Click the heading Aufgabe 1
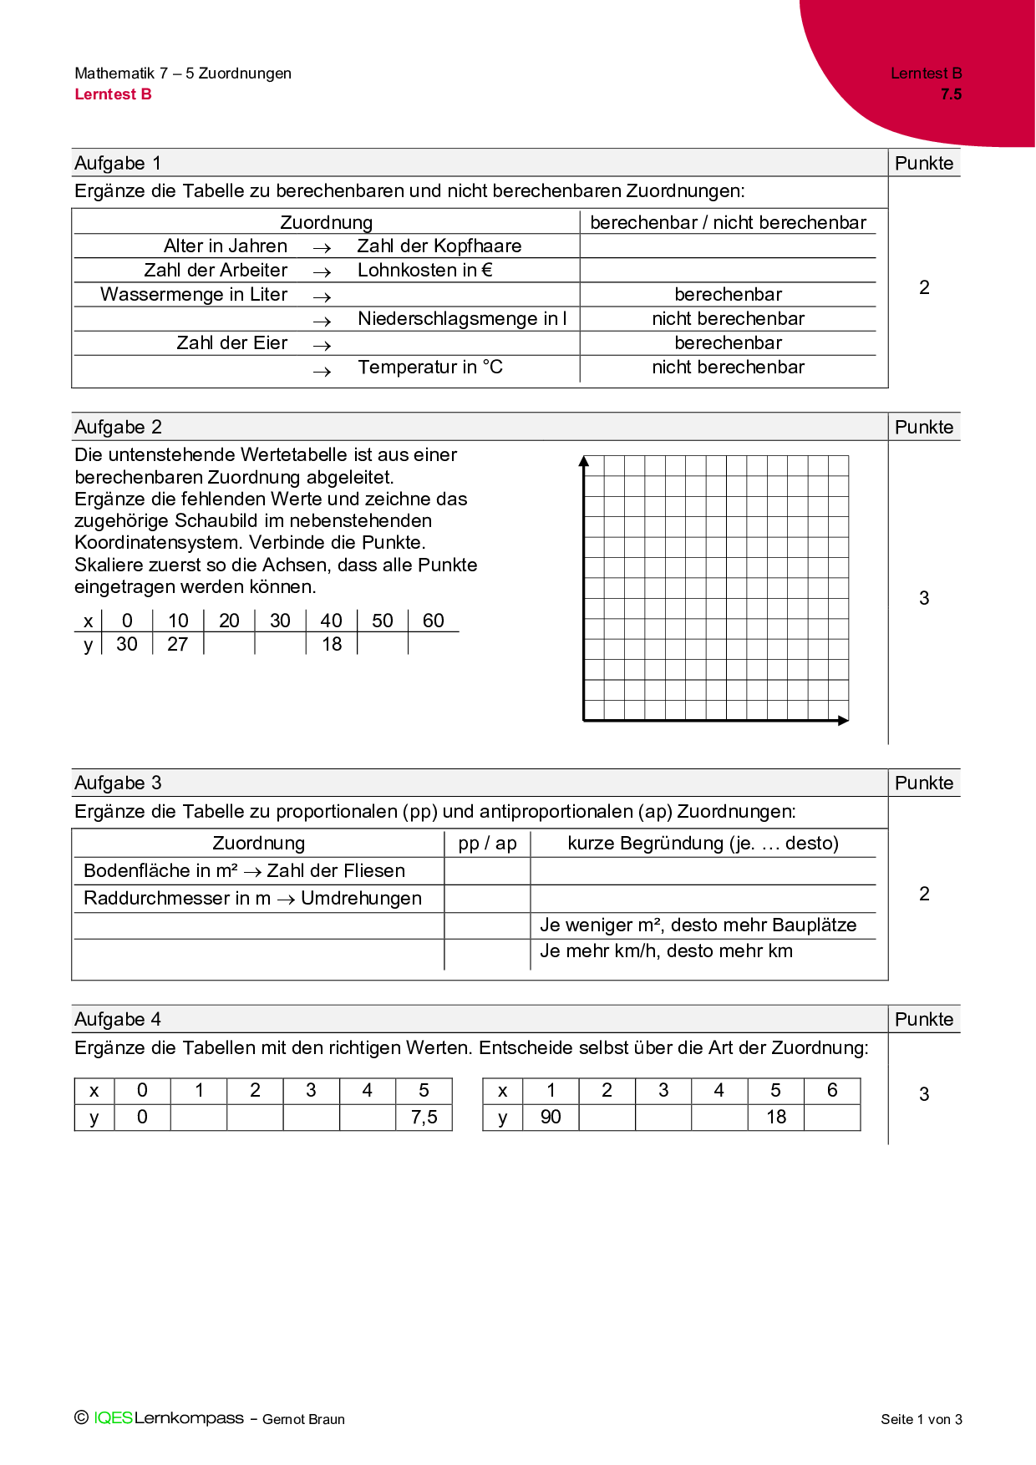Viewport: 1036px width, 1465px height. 118,163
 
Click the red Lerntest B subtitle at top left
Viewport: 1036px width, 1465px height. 113,94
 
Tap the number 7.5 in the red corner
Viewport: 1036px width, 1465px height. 951,94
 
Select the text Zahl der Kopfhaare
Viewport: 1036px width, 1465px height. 439,246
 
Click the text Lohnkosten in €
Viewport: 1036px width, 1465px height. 424,271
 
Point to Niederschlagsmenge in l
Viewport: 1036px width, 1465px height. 462,319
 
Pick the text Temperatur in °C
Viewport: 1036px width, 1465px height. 430,368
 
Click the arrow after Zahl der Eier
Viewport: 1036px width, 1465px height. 322,344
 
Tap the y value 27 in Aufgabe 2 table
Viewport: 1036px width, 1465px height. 178,645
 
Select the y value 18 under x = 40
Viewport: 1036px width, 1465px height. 332,645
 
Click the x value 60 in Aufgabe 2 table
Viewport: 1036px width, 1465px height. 433,621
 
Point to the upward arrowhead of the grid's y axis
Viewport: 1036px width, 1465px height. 584,461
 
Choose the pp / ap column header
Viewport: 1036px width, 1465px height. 487,844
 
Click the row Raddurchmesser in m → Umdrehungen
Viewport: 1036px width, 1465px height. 252,899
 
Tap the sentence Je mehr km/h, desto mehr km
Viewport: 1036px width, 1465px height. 666,951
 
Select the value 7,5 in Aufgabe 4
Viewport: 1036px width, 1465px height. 424,1118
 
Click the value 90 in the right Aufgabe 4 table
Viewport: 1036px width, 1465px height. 551,1118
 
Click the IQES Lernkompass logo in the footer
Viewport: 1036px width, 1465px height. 168,1418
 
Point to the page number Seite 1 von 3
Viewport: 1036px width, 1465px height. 921,1419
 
